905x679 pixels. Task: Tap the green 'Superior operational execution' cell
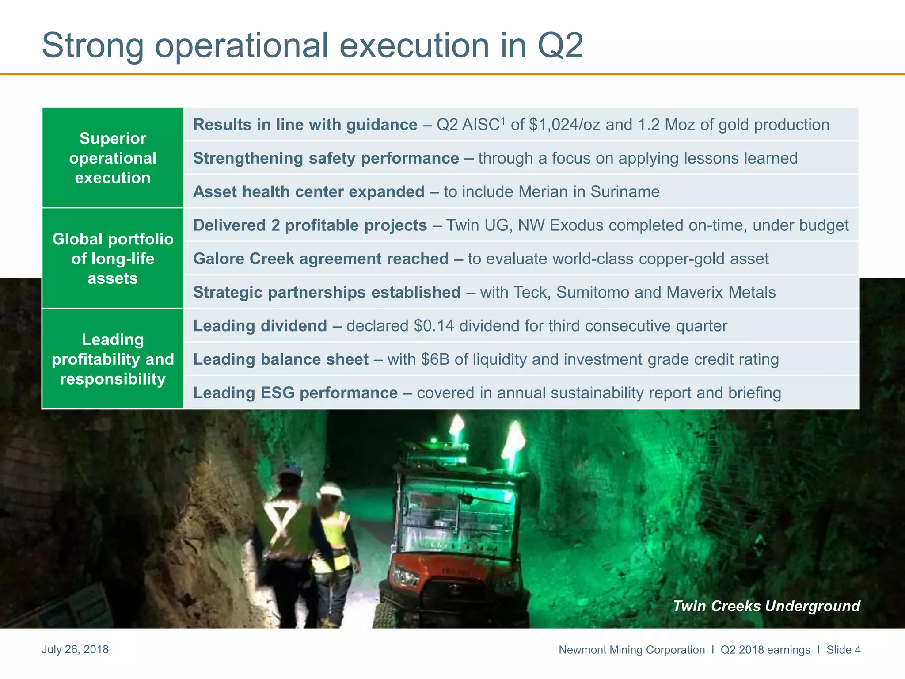tap(113, 158)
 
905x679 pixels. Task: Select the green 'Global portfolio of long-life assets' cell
tap(113, 259)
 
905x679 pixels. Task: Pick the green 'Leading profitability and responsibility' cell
tap(113, 359)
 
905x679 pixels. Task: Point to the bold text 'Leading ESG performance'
tap(295, 393)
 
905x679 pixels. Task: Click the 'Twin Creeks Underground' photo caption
tap(766, 606)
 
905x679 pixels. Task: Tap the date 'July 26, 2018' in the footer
tap(75, 649)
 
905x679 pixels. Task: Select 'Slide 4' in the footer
tap(843, 650)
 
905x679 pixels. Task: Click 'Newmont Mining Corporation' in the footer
tap(631, 650)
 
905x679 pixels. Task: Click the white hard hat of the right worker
tap(332, 490)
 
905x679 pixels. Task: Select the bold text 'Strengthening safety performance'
tap(326, 158)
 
